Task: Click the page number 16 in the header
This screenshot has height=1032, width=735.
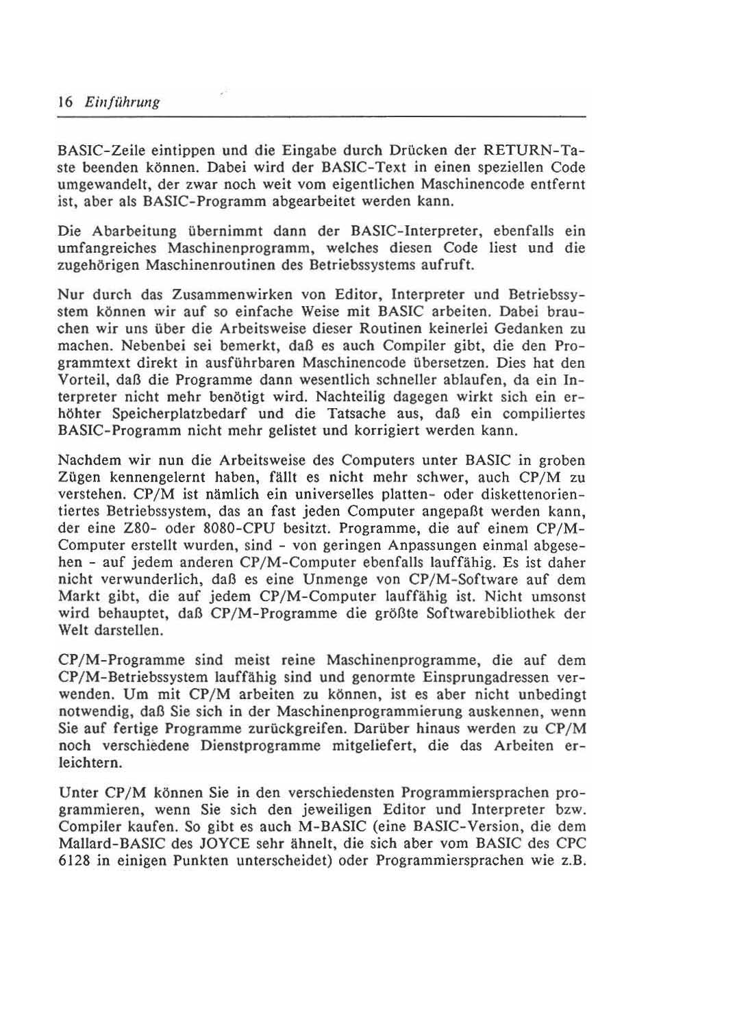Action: pyautogui.click(x=65, y=102)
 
